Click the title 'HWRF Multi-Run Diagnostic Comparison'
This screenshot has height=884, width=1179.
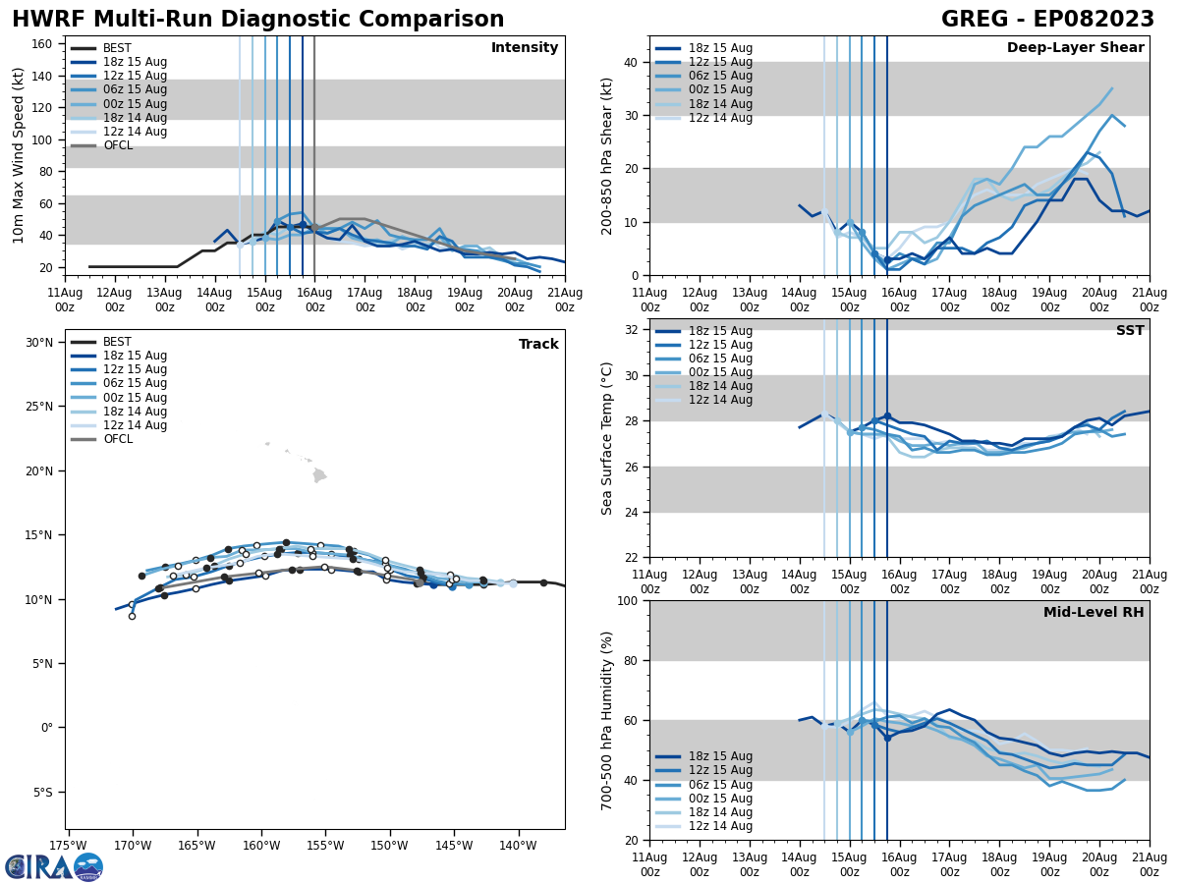click(257, 20)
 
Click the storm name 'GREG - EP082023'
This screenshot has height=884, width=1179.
click(1047, 20)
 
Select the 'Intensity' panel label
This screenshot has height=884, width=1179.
click(525, 48)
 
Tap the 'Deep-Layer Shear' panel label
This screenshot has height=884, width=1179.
click(1075, 48)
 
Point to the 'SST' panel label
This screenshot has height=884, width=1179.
click(1130, 331)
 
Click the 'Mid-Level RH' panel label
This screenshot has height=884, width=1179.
click(1094, 613)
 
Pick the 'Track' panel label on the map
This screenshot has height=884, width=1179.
click(538, 345)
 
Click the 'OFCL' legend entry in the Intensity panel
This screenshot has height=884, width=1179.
click(118, 145)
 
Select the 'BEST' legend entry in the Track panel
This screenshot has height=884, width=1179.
click(117, 342)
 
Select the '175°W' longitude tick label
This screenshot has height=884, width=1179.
click(68, 845)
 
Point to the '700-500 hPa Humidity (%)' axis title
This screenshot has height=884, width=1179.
click(608, 720)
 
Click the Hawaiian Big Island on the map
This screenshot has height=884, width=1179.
click(319, 476)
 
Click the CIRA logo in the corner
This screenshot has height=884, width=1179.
click(54, 866)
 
